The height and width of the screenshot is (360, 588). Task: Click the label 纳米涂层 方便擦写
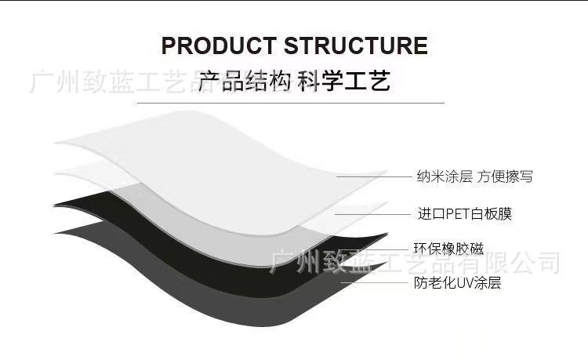474,176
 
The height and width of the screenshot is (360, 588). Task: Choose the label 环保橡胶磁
448,249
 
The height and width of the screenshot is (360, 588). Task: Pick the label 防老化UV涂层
457,283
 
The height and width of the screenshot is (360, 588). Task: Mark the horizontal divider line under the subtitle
290,103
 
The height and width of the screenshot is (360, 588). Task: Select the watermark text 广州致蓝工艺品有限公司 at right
416,263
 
